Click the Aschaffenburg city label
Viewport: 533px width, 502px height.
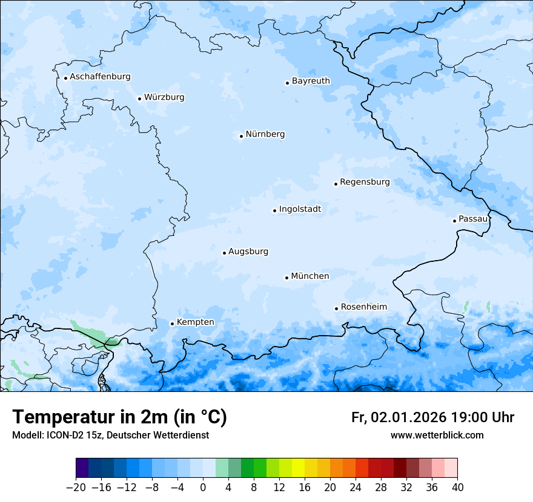point(100,77)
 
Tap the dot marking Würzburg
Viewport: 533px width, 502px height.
point(139,99)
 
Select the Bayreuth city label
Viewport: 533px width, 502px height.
point(311,81)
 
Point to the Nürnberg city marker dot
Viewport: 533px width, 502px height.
point(241,136)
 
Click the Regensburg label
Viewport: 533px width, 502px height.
point(365,182)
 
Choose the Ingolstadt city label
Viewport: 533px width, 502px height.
point(300,209)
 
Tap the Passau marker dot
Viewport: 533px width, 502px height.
point(454,221)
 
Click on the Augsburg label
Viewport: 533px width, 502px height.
point(248,252)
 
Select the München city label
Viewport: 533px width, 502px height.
point(310,276)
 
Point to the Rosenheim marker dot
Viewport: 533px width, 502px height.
point(336,308)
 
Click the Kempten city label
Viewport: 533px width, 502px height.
point(195,322)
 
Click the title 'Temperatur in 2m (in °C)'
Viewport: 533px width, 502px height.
point(119,417)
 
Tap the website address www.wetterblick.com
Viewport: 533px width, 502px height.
point(437,435)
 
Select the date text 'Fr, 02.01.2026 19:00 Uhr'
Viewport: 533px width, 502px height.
point(432,417)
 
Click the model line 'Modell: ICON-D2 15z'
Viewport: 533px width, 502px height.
point(110,435)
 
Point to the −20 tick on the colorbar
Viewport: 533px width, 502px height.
point(76,487)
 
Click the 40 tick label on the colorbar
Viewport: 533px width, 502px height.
point(457,487)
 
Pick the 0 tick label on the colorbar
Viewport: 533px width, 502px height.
point(203,487)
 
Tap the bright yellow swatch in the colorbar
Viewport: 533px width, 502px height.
point(298,468)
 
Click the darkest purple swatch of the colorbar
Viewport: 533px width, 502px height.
point(82,468)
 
